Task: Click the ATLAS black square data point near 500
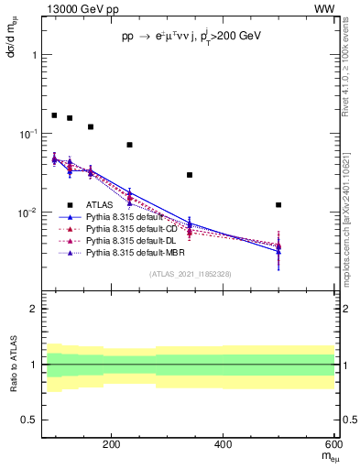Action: point(278,204)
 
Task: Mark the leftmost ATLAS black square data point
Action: point(54,115)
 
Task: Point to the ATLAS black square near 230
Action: point(130,145)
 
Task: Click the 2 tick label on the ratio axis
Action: point(33,309)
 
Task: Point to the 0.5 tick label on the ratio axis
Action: point(28,420)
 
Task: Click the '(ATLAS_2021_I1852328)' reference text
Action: point(191,274)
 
